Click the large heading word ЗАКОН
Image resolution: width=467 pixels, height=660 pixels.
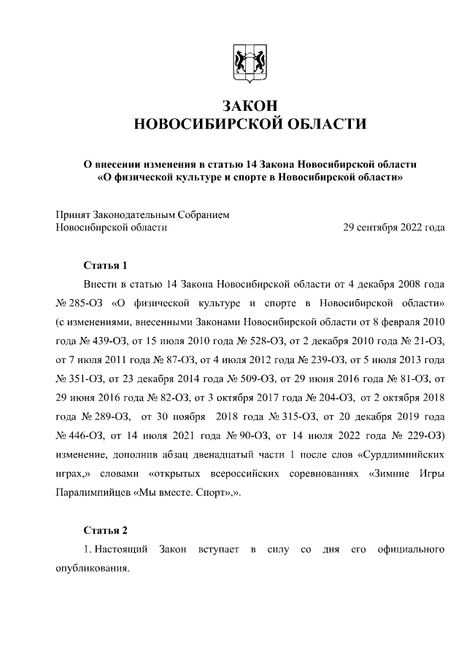pos(247,104)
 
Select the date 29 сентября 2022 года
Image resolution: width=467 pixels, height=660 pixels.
pos(394,228)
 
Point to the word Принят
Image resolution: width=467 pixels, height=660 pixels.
pos(74,214)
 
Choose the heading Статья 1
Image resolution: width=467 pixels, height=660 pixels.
pos(106,265)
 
